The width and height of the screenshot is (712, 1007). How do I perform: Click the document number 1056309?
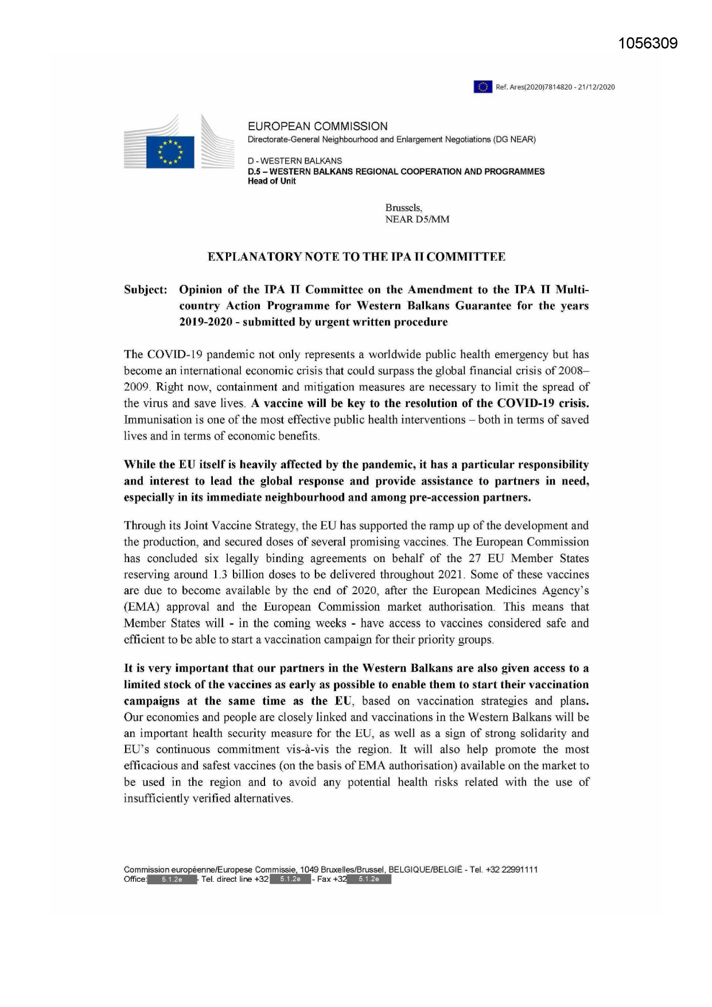coord(648,44)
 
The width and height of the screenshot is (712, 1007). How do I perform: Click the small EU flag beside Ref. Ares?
coord(483,87)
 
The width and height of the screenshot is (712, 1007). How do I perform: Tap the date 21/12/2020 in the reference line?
coord(597,87)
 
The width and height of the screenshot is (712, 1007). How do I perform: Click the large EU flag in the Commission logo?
coord(170,152)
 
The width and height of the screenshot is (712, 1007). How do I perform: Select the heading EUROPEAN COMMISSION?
coord(317,126)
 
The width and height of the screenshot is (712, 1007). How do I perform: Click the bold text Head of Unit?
coord(271,181)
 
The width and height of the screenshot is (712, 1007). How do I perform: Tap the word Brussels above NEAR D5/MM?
coord(403,208)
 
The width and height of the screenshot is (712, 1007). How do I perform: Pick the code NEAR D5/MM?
coord(417,219)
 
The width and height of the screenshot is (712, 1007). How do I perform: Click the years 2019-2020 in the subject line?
coord(206,322)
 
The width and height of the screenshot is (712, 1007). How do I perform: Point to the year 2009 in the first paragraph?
coord(136,387)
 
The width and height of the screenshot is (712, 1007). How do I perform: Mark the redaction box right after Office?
coord(172,880)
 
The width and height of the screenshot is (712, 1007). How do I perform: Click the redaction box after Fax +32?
coord(369,880)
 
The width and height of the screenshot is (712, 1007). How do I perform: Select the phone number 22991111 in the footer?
coord(519,870)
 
